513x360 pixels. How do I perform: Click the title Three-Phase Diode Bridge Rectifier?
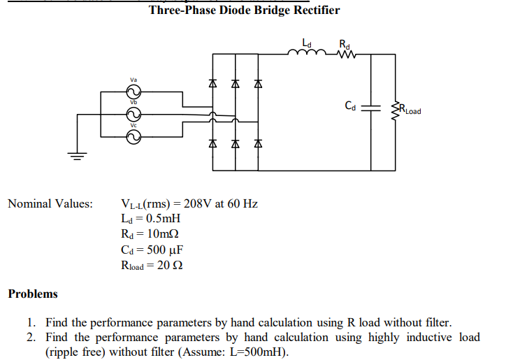(x=245, y=10)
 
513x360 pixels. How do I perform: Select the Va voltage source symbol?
(x=133, y=92)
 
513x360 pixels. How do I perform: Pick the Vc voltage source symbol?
(x=133, y=138)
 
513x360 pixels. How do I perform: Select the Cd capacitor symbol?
(x=371, y=108)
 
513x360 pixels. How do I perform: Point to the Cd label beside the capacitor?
(x=351, y=107)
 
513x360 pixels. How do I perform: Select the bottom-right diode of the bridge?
(x=257, y=144)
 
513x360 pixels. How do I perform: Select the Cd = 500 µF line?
(x=152, y=250)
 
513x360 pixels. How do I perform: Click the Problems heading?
(x=33, y=294)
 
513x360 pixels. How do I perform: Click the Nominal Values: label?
(x=50, y=203)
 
